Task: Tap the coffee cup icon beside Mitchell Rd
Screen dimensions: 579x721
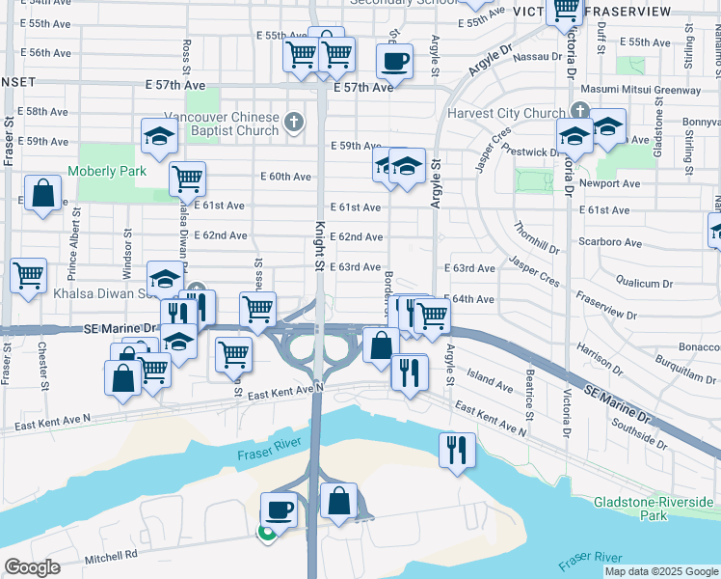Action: [x=280, y=509]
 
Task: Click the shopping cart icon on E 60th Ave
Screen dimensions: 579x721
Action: [x=187, y=179]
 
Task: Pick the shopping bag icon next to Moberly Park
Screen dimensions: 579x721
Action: [x=43, y=194]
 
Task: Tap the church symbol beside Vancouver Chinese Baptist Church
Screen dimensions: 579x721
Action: [x=294, y=123]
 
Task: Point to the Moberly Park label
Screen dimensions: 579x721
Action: [x=107, y=172]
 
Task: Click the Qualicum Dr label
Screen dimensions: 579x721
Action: [x=644, y=284]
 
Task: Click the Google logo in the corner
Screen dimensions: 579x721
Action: [x=33, y=567]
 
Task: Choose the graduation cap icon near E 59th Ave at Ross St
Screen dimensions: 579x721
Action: [x=159, y=139]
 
